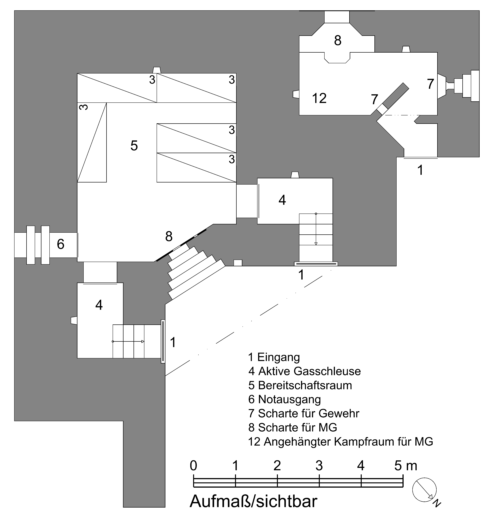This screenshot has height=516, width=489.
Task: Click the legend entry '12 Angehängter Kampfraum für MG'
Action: click(x=340, y=442)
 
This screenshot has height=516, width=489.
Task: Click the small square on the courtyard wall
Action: click(x=238, y=263)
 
